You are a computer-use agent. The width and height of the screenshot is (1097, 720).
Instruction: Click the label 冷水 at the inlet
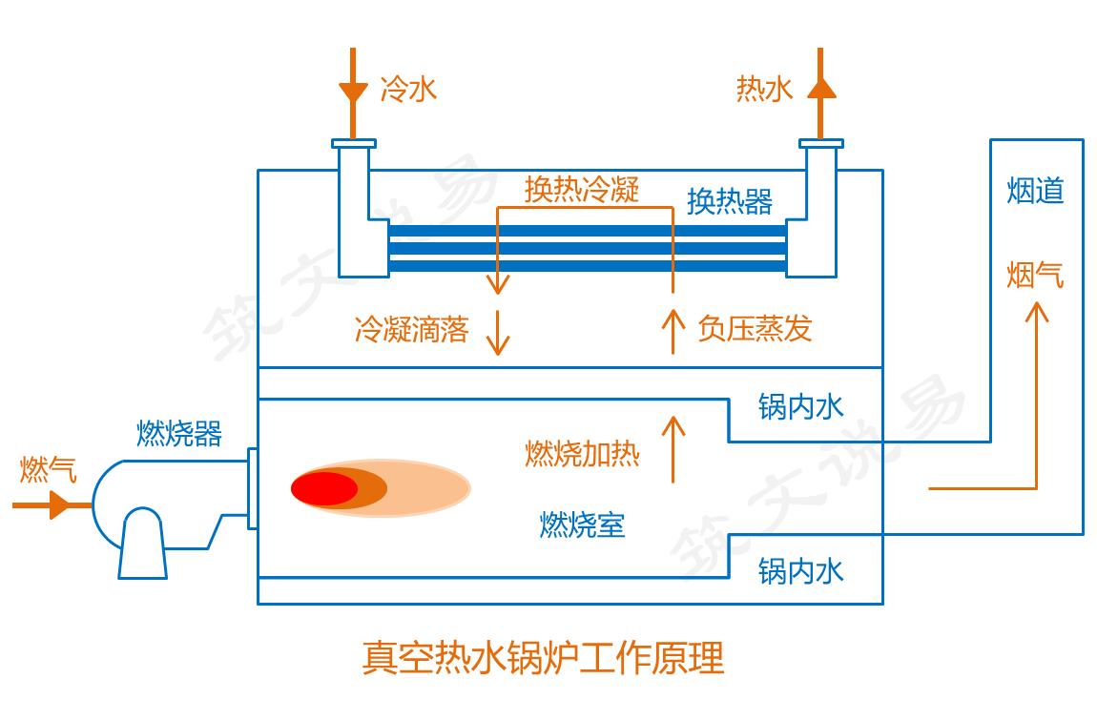[x=408, y=90]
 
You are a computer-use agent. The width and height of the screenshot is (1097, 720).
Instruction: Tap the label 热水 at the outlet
[x=764, y=90]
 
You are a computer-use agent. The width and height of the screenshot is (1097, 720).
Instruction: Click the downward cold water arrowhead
[x=353, y=93]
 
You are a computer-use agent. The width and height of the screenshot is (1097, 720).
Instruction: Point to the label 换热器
[x=730, y=202]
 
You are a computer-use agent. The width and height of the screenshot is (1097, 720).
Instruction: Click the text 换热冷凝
[x=581, y=189]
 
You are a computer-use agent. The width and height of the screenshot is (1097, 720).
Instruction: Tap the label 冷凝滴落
[x=411, y=330]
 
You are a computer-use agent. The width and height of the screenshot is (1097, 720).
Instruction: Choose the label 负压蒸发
[x=755, y=329]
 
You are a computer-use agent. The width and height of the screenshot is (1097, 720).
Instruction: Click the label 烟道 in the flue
[x=1035, y=191]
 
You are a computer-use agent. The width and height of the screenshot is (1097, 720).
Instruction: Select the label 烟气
[x=1035, y=276]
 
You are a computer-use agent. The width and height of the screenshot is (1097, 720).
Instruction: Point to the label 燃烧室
[x=582, y=525]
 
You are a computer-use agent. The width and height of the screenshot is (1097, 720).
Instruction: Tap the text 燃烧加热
[x=582, y=454]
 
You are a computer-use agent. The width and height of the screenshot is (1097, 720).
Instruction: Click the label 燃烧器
[x=179, y=434]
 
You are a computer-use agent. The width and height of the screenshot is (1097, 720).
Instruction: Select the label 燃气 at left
[x=48, y=470]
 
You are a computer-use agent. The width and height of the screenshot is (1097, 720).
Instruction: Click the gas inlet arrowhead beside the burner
[x=59, y=504]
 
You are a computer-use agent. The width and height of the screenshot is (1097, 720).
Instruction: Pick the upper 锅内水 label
[x=801, y=407]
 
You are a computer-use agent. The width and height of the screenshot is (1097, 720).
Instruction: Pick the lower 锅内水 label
[x=801, y=571]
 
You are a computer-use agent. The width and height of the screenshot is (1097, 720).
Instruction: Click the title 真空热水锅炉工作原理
[x=543, y=658]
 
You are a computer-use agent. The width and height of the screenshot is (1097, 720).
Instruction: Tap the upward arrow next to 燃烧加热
[x=673, y=448]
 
